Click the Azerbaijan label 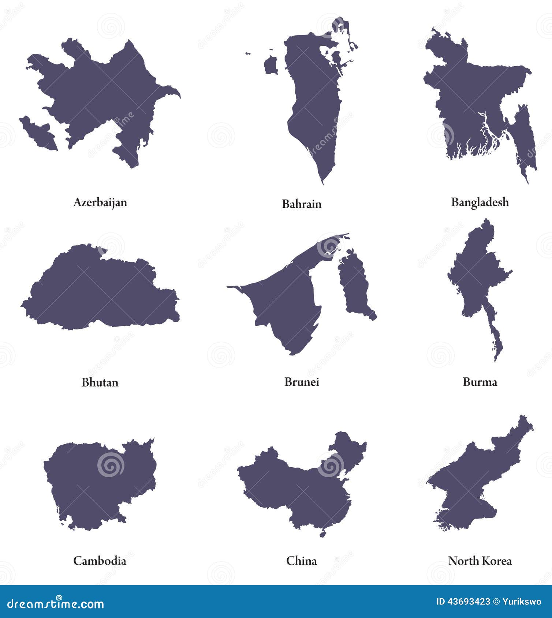pyautogui.click(x=100, y=202)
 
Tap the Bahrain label pyautogui.click(x=302, y=204)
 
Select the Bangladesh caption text pyautogui.click(x=480, y=202)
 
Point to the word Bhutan pyautogui.click(x=100, y=383)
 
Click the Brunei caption pyautogui.click(x=302, y=382)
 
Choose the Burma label pyautogui.click(x=480, y=382)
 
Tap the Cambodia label pyautogui.click(x=100, y=561)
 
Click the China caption pyautogui.click(x=302, y=561)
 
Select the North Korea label pyautogui.click(x=480, y=561)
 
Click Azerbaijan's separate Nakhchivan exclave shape pyautogui.click(x=38, y=133)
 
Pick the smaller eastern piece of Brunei pyautogui.click(x=353, y=285)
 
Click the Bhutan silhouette pyautogui.click(x=99, y=293)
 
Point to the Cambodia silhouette pyautogui.click(x=99, y=483)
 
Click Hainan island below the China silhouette pyautogui.click(x=322, y=534)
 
